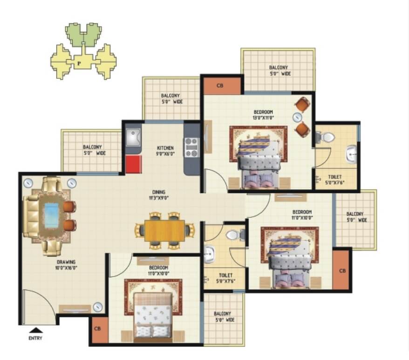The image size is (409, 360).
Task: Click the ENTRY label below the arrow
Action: click(35, 338)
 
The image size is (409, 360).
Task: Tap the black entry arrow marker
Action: click(36, 330)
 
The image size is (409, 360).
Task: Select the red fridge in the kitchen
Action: click(134, 164)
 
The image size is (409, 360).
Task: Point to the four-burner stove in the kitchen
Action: click(192, 147)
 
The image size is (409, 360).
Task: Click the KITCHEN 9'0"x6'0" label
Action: click(165, 151)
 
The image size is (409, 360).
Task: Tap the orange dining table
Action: click(164, 231)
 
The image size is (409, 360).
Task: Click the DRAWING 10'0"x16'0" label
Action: click(66, 265)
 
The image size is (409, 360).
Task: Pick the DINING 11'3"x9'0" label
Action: click(159, 195)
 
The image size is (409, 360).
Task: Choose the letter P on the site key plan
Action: click(79, 63)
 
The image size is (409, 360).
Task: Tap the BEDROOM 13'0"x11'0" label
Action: click(263, 115)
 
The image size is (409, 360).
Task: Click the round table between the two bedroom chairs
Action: click(297, 118)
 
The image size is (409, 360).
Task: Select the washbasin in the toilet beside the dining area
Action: click(209, 254)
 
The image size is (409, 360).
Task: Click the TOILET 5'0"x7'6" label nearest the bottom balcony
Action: click(225, 278)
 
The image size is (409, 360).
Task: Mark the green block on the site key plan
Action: click(83, 35)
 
